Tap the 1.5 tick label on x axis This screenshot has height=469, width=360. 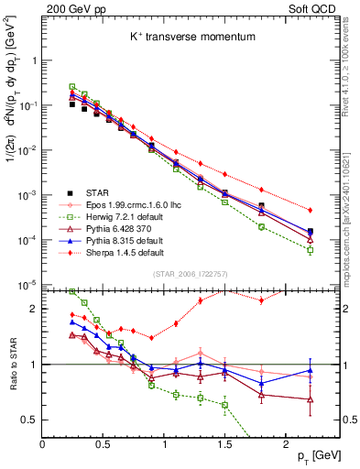click(224, 442)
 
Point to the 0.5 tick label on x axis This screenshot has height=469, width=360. click(103, 442)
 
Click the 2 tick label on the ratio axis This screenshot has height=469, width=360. click(33, 310)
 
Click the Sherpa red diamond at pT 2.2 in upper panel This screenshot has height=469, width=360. click(310, 210)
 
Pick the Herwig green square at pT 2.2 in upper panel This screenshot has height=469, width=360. click(310, 249)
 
